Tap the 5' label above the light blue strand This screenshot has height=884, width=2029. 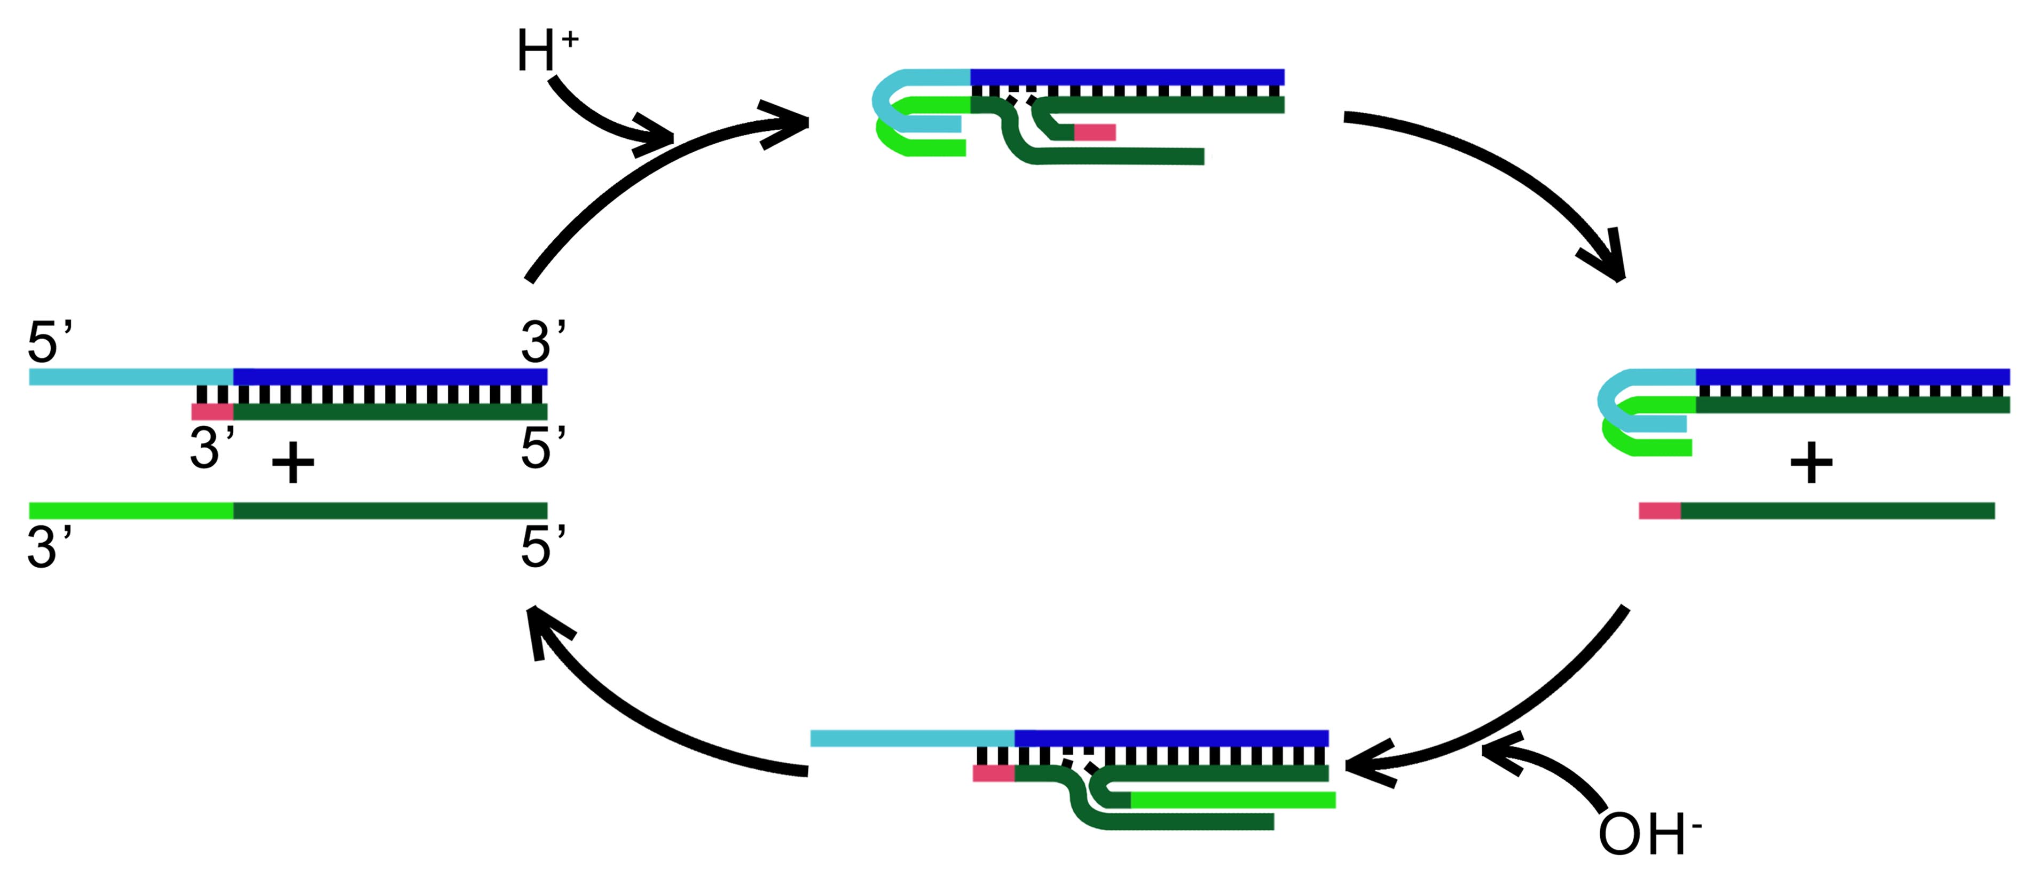click(x=49, y=341)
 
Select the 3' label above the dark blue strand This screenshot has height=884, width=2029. click(x=542, y=341)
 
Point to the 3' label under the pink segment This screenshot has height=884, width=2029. click(x=211, y=448)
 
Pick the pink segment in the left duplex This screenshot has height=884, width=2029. click(x=212, y=411)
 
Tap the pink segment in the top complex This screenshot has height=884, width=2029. click(x=1095, y=132)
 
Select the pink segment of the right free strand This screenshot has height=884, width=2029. click(x=1660, y=511)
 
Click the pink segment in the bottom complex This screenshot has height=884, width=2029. click(x=993, y=773)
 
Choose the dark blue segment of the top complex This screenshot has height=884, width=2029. click(x=1126, y=77)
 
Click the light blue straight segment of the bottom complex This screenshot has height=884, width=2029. click(x=912, y=738)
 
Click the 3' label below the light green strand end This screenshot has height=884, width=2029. click(x=49, y=547)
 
